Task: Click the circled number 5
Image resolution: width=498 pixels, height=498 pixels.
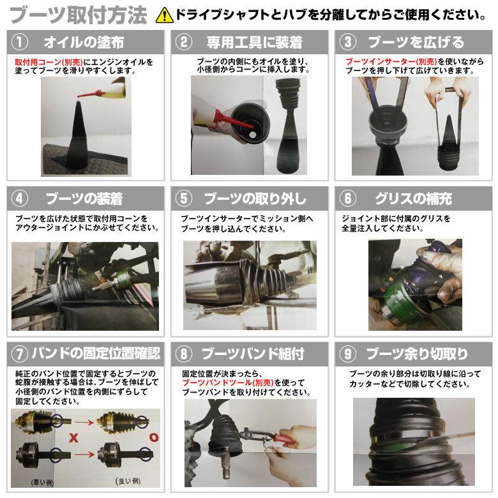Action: [x=184, y=198]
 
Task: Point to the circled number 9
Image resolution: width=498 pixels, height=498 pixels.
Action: [x=348, y=353]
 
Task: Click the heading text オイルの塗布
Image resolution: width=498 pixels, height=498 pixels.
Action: [x=83, y=43]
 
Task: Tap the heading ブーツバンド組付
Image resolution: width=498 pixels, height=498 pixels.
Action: [x=252, y=353]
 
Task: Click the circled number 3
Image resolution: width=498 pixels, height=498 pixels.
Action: [x=348, y=43]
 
